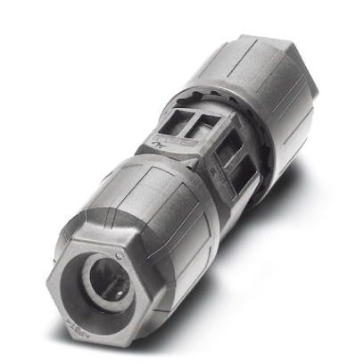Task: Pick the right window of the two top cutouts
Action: click(x=207, y=122)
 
